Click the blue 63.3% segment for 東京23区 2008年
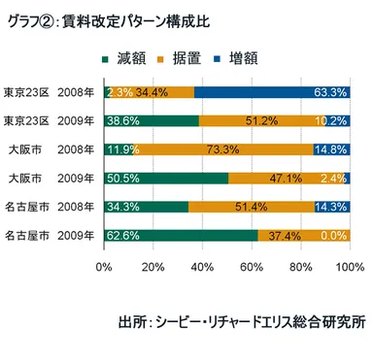[x=272, y=92]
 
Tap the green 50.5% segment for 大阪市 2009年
[x=166, y=179]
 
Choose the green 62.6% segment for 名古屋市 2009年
[x=181, y=235]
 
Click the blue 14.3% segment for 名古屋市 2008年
[x=332, y=207]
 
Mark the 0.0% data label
[x=333, y=235]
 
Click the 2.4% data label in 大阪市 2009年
[x=333, y=179]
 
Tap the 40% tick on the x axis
[x=203, y=266]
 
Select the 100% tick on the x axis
[x=348, y=266]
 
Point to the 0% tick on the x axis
[x=105, y=266]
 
